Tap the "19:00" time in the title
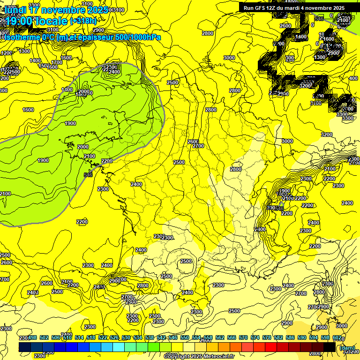(x=19, y=21)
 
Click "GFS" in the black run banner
(x=262, y=8)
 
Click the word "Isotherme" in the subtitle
(x=20, y=37)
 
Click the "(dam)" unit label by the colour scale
(x=347, y=348)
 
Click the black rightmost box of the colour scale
(x=330, y=347)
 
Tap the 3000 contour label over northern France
(x=229, y=58)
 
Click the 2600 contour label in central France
(x=193, y=142)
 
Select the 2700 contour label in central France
(x=198, y=146)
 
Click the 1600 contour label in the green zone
(x=28, y=110)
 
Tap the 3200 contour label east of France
(x=327, y=135)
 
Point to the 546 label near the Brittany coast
(x=88, y=175)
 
